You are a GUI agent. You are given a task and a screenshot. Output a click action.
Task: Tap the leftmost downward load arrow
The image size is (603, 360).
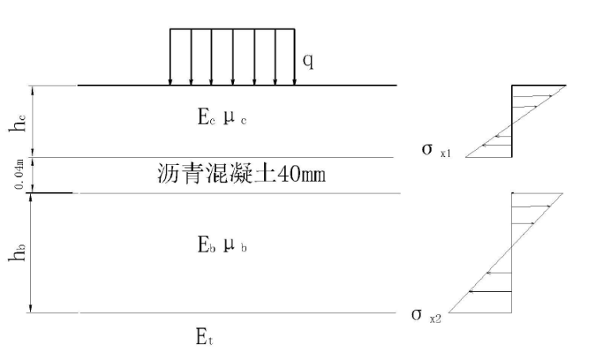click(x=171, y=56)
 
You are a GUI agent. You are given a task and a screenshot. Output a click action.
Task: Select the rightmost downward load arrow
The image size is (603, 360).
click(x=295, y=56)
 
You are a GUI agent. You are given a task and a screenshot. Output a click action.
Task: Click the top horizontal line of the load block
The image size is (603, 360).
click(x=232, y=29)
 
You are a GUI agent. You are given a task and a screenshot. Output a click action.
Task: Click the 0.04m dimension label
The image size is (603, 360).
click(x=20, y=174)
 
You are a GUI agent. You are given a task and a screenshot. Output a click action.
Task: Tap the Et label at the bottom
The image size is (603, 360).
click(x=205, y=337)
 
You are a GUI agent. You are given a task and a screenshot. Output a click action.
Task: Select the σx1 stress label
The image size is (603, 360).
click(x=436, y=149)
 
